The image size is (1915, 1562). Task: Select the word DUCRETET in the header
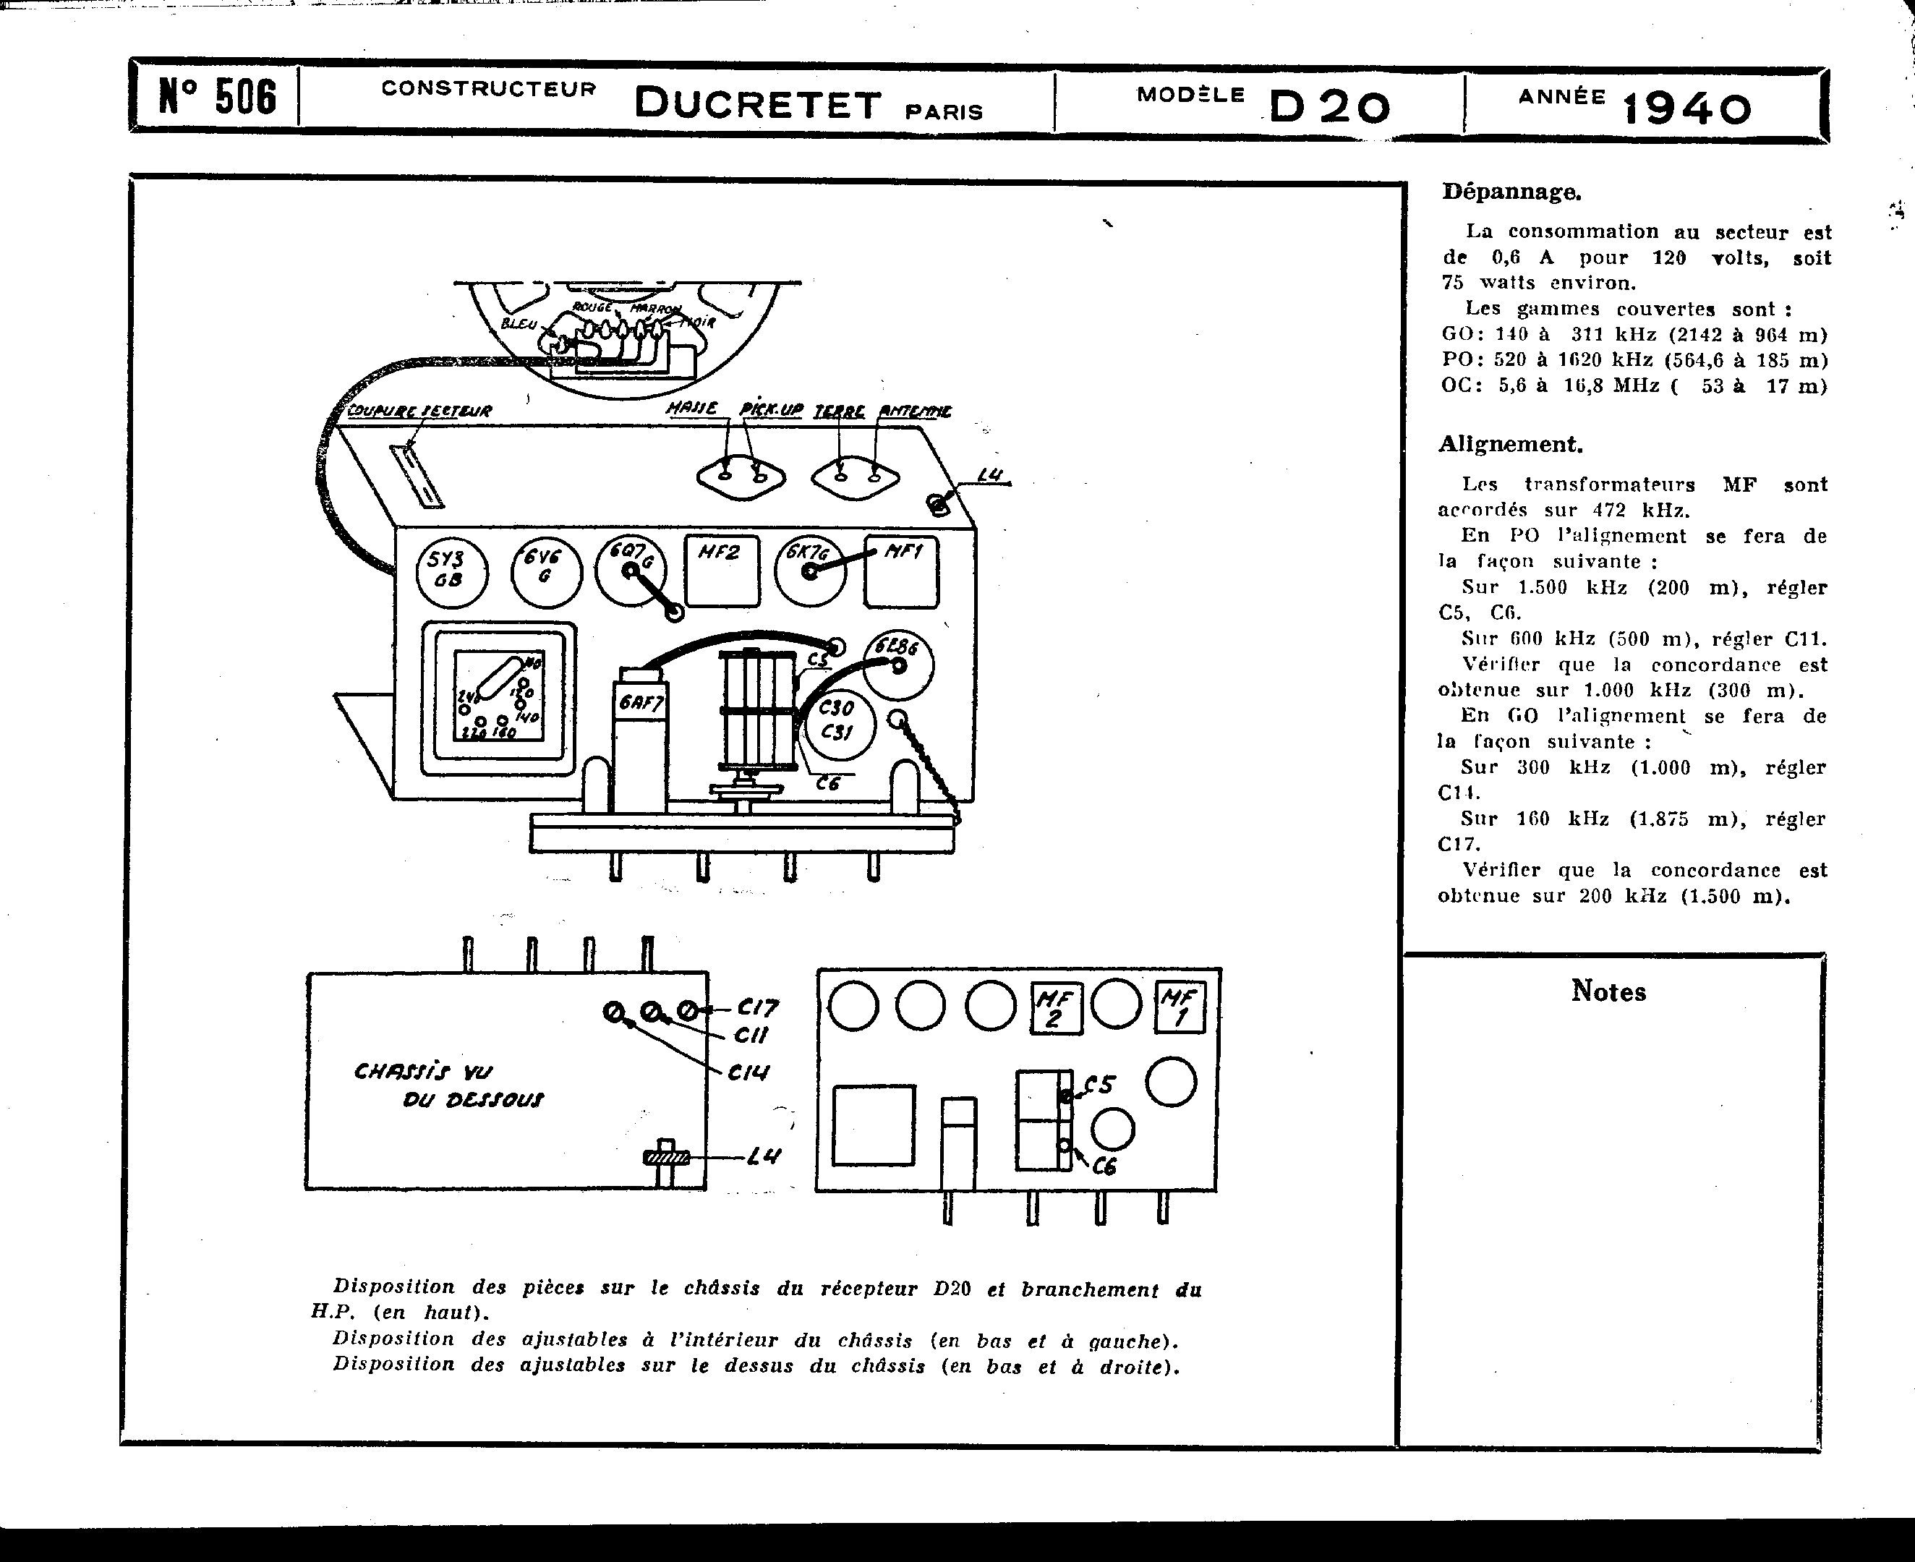point(758,104)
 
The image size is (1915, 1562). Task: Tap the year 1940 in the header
point(1686,110)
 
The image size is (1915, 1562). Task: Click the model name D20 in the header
point(1329,108)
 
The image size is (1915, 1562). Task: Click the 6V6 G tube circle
point(546,571)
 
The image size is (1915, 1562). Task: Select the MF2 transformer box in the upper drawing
point(722,571)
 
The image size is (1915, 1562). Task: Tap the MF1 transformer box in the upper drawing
point(901,571)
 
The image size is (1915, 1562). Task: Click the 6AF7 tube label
point(641,703)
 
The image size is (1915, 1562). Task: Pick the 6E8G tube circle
point(898,664)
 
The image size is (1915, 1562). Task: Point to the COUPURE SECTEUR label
point(419,411)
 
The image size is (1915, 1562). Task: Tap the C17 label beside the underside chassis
point(758,1007)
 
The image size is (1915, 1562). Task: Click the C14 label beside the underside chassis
point(748,1072)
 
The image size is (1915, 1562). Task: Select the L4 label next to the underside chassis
point(763,1156)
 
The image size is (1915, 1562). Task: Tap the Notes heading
point(1608,991)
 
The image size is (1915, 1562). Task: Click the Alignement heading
point(1510,443)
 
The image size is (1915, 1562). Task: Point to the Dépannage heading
point(1512,192)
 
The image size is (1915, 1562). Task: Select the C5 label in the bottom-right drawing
point(1100,1085)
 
